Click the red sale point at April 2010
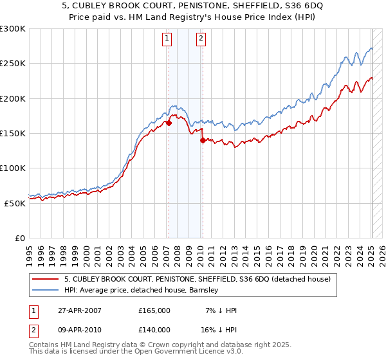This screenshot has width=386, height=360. pyautogui.click(x=203, y=140)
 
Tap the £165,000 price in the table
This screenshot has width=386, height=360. pyautogui.click(x=154, y=310)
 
